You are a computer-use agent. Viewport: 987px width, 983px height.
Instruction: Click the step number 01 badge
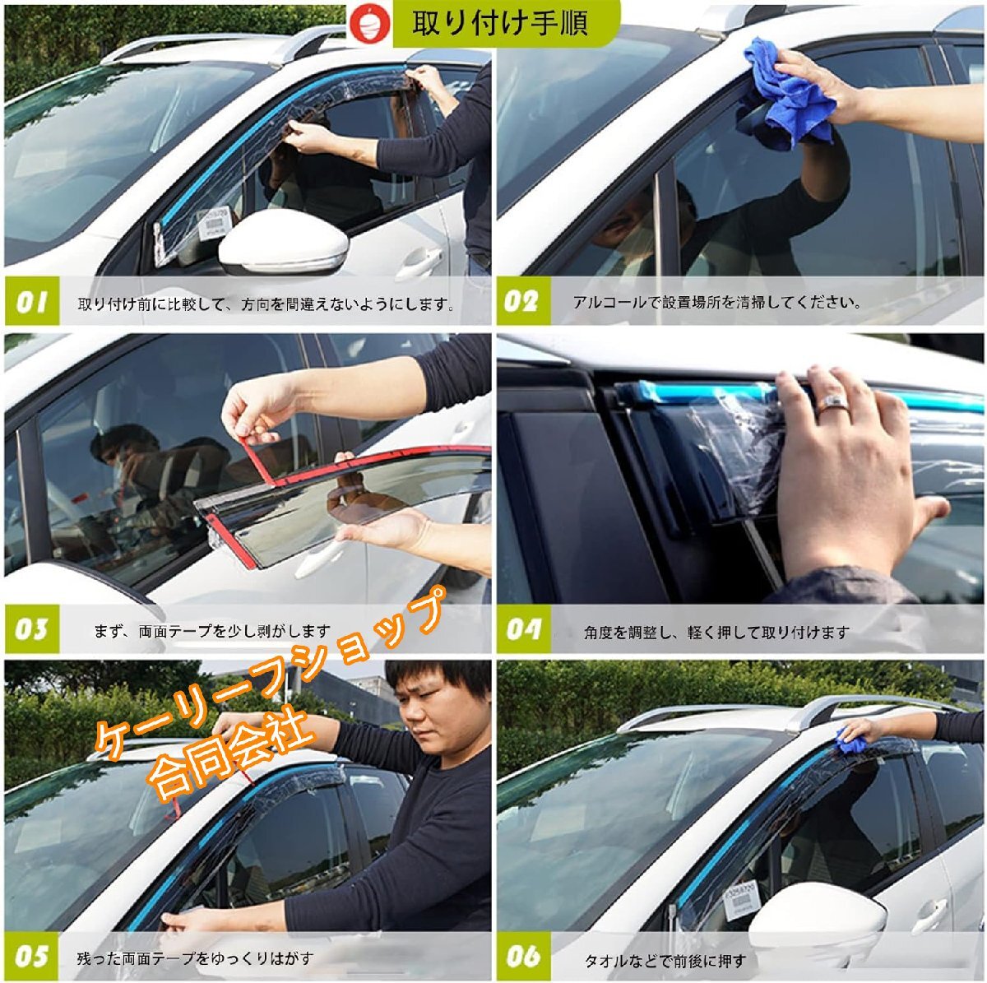pyautogui.click(x=32, y=301)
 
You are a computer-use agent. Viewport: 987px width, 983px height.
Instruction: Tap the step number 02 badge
pyautogui.click(x=523, y=301)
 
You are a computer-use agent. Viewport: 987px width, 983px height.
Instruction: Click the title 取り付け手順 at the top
pyautogui.click(x=499, y=23)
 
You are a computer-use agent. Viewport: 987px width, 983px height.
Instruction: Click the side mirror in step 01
pyautogui.click(x=283, y=243)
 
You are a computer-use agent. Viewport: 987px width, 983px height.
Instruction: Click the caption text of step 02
pyautogui.click(x=716, y=302)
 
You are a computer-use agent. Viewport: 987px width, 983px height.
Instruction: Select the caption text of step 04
pyautogui.click(x=716, y=633)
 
